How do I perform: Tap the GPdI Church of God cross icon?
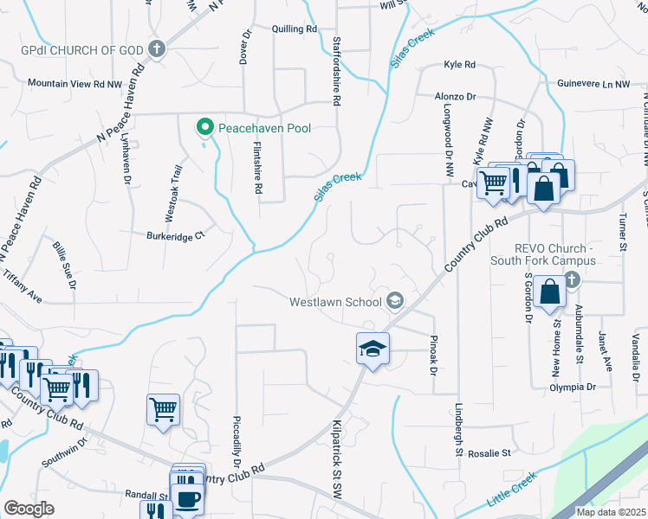(157, 48)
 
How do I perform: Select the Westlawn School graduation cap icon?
(395, 301)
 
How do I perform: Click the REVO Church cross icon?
(571, 279)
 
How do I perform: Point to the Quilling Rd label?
(295, 29)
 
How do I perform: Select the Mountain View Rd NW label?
(76, 84)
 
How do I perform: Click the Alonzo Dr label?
(457, 98)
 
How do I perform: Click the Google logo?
(29, 509)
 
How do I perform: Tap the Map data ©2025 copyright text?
(611, 512)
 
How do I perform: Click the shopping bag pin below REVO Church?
(550, 294)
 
